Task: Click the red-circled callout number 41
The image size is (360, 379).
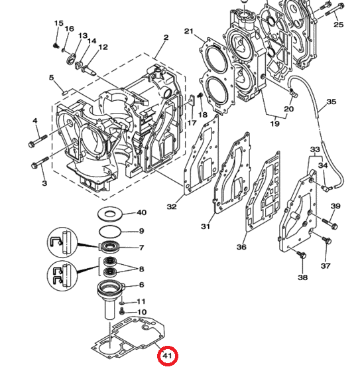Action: pos(168,357)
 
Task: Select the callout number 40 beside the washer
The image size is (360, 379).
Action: pos(141,213)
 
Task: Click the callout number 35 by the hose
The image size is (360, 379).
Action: pos(331,103)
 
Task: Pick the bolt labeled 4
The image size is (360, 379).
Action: pos(36,142)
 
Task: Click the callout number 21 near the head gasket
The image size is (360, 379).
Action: pos(188,32)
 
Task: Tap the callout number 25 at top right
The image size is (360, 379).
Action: pos(338,25)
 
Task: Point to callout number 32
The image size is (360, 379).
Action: pos(172,206)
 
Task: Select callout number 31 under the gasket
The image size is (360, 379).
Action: pos(206,227)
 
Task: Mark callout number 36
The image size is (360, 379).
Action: pos(241,247)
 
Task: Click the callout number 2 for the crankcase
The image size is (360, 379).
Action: pos(157,37)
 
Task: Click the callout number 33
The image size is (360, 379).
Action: pos(315,150)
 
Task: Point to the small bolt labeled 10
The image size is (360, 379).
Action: pos(123,310)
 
